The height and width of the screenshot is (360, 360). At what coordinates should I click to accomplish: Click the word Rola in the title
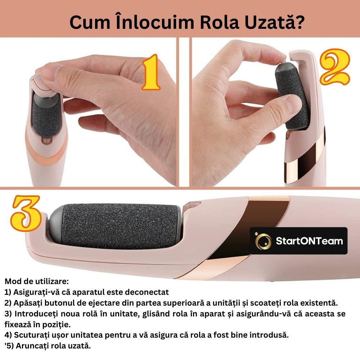pos(220,22)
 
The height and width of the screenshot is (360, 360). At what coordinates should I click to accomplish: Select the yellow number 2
pos(335,67)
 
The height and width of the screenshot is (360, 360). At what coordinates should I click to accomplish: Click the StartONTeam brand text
pos(309,241)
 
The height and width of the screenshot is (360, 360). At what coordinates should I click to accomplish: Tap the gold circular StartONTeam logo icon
pos(263,241)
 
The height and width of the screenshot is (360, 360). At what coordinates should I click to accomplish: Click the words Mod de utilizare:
pos(36,281)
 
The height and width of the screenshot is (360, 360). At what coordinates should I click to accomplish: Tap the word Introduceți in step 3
pos(36,314)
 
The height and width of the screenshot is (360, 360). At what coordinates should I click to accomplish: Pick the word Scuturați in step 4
pos(32,335)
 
